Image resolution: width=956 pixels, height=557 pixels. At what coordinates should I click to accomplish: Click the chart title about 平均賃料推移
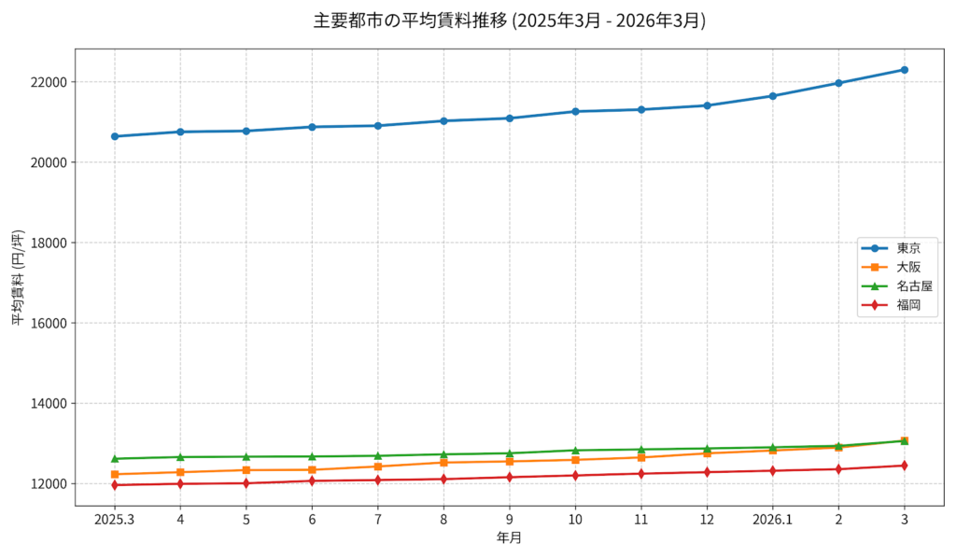coord(509,21)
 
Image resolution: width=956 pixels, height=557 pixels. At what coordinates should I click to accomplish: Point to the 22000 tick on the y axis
coord(49,82)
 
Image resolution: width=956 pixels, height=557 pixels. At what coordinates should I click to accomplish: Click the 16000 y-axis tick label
coord(49,324)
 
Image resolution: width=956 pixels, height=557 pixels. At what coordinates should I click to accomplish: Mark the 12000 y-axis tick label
coord(49,484)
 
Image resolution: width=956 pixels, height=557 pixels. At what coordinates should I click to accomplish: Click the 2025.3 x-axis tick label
coord(114,520)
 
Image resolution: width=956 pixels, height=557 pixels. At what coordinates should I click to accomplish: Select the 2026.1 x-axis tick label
coord(772,520)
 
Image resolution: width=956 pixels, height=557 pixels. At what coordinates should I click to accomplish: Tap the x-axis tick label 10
coord(575,520)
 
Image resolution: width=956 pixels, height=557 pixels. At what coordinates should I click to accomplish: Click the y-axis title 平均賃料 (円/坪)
coord(18,277)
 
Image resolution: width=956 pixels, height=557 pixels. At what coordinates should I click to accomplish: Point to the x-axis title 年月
coord(509,538)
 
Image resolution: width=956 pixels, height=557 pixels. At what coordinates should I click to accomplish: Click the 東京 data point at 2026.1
coord(772,96)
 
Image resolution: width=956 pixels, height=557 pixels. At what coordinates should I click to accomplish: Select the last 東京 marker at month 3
coord(904,70)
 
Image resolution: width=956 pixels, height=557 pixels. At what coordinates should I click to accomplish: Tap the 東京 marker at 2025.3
coord(114,136)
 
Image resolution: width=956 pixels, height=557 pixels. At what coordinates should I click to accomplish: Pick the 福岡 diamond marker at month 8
coord(443,480)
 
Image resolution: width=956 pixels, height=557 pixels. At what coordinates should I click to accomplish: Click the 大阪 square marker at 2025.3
coord(114,475)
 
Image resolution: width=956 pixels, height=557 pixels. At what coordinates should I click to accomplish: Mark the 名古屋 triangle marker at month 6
coord(312,456)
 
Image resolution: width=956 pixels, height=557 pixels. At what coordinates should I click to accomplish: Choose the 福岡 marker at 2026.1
coord(772,471)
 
